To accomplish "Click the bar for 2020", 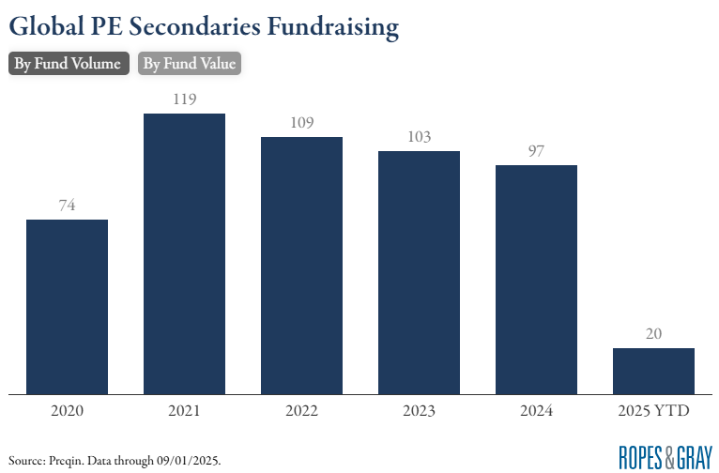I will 67,306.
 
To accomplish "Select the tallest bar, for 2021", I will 184,253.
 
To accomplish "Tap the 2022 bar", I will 301,265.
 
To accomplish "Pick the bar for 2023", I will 419,272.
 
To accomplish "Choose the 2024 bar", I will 536,279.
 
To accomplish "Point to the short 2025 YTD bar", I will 653,371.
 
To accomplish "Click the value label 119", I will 184,99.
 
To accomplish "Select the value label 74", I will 67,205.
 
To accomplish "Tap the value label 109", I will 301,122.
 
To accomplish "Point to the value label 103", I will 419,136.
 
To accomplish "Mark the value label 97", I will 536,150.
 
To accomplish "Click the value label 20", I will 653,333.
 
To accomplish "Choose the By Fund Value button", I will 190,64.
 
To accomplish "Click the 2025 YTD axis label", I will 653,411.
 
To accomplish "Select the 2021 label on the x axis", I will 184,411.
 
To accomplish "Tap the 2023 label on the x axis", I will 419,411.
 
